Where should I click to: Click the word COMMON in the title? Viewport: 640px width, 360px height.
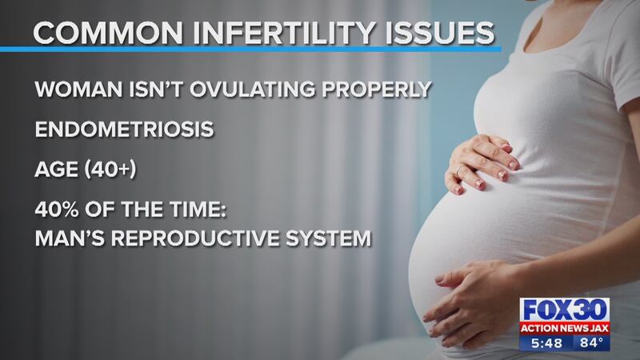(x=108, y=33)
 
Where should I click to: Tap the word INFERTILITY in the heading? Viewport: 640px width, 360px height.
(x=284, y=33)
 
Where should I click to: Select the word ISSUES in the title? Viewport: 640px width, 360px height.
(x=439, y=33)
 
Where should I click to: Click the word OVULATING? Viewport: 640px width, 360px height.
(x=252, y=90)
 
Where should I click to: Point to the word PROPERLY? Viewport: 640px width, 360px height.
(x=377, y=90)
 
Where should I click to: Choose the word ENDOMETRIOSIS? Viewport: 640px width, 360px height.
(x=125, y=130)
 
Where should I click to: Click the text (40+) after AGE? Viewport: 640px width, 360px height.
(x=110, y=170)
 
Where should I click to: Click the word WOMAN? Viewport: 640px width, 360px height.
(x=78, y=90)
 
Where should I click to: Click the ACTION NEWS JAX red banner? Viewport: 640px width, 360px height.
(x=565, y=328)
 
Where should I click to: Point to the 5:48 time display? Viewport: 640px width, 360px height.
(x=546, y=343)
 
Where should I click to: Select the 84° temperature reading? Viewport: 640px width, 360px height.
(x=591, y=343)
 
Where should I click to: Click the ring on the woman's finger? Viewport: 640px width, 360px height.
(x=458, y=171)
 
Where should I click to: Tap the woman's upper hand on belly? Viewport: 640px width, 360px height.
(x=482, y=163)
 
